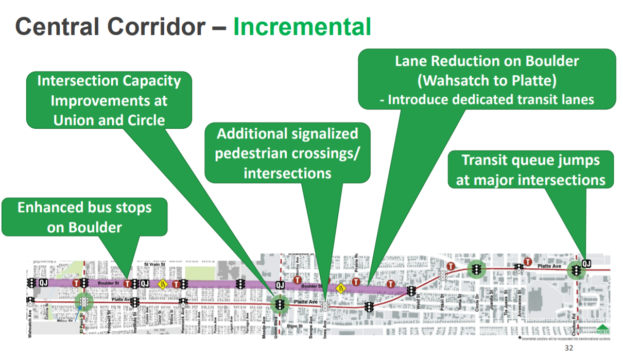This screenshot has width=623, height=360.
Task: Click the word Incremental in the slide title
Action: pos(302,27)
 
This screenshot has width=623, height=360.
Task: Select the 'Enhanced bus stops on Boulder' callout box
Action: pos(85,217)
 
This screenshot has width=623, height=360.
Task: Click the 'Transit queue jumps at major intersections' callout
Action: pos(530,169)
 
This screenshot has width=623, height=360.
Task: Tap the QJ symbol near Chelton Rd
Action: pos(586,264)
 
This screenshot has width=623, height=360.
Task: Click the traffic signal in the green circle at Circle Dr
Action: pos(477,268)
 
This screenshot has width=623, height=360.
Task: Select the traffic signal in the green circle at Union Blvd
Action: pos(280,304)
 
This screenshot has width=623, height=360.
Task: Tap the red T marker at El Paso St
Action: pos(77,283)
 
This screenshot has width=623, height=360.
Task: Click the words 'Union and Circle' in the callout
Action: pos(109,121)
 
